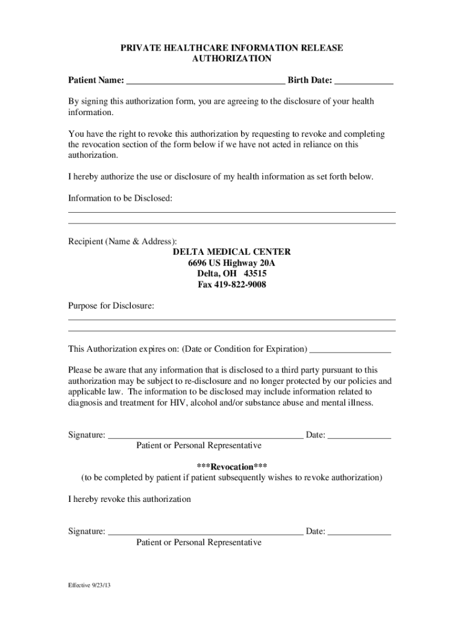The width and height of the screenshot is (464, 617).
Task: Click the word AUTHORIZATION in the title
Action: (x=231, y=59)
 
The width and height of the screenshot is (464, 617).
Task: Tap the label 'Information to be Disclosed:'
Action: (x=120, y=198)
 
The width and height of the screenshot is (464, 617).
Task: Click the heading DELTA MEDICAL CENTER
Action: (x=231, y=252)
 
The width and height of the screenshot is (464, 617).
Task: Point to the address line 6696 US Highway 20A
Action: (x=231, y=263)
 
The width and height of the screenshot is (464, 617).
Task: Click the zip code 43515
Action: (x=255, y=274)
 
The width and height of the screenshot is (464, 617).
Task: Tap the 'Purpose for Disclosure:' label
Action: (x=111, y=306)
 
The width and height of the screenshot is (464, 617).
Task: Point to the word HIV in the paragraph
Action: (x=180, y=403)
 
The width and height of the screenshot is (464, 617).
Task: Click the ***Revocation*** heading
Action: (x=231, y=467)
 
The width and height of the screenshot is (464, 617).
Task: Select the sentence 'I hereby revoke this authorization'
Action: (x=129, y=500)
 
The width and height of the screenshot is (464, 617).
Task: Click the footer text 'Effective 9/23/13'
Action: (x=89, y=585)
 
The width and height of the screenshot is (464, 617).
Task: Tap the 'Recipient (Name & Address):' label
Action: (x=122, y=241)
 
